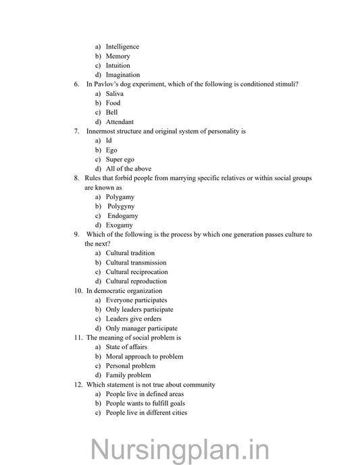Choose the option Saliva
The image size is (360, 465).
click(115, 94)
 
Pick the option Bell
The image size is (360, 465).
click(112, 113)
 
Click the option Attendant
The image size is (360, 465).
click(120, 122)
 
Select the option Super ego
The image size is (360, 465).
click(120, 159)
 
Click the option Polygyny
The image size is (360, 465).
click(120, 206)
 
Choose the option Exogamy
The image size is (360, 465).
click(120, 225)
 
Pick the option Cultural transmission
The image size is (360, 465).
click(136, 263)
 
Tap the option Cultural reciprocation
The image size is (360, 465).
click(136, 272)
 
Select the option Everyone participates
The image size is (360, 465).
click(136, 300)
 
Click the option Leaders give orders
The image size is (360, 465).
click(133, 319)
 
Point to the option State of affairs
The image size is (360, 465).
click(127, 347)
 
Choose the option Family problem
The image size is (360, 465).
click(128, 375)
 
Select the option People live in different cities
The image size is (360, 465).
click(146, 412)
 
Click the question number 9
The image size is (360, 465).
click(76, 234)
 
